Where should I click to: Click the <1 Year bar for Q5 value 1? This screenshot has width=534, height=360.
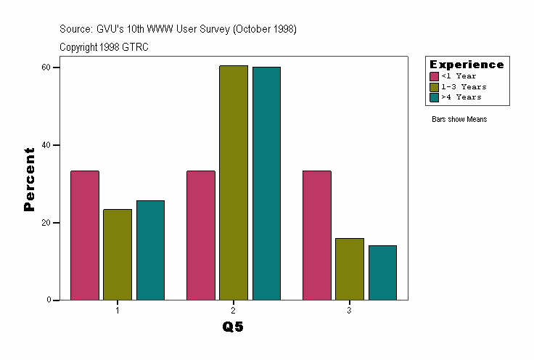pyautogui.click(x=85, y=235)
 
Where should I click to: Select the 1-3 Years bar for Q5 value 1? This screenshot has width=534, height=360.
pyautogui.click(x=118, y=254)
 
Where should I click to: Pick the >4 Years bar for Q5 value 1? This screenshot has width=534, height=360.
pyautogui.click(x=150, y=250)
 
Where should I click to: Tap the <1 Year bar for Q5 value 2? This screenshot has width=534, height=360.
pyautogui.click(x=201, y=235)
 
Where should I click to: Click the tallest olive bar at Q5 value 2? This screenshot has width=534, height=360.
pyautogui.click(x=234, y=182)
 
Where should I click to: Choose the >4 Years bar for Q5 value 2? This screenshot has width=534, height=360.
pyautogui.click(x=266, y=183)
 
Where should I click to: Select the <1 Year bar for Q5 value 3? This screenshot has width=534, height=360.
pyautogui.click(x=317, y=235)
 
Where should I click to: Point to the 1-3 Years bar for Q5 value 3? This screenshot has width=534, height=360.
pyautogui.click(x=350, y=269)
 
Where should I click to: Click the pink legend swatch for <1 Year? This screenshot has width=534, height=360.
pyautogui.click(x=435, y=76)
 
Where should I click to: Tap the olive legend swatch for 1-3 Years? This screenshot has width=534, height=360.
pyautogui.click(x=435, y=86)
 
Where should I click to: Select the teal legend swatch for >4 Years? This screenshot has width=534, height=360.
pyautogui.click(x=435, y=97)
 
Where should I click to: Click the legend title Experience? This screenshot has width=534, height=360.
pyautogui.click(x=467, y=65)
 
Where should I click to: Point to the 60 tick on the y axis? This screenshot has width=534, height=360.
pyautogui.click(x=45, y=67)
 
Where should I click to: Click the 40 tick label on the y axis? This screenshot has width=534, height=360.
pyautogui.click(x=45, y=145)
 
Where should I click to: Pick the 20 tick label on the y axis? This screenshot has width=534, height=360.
pyautogui.click(x=45, y=223)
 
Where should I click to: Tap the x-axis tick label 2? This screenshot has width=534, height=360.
pyautogui.click(x=234, y=310)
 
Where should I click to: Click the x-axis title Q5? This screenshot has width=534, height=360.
pyautogui.click(x=233, y=327)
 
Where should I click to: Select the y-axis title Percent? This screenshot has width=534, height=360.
pyautogui.click(x=29, y=179)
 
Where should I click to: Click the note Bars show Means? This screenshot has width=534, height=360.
pyautogui.click(x=459, y=119)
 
